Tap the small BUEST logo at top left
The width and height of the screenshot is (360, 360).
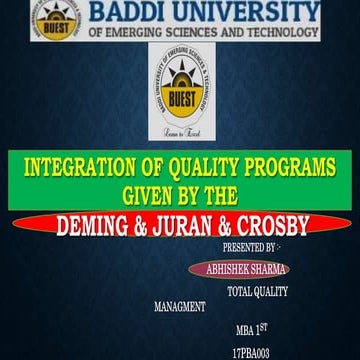[51, 20]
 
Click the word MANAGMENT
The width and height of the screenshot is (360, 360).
[180, 307]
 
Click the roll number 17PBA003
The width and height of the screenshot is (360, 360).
[251, 352]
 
